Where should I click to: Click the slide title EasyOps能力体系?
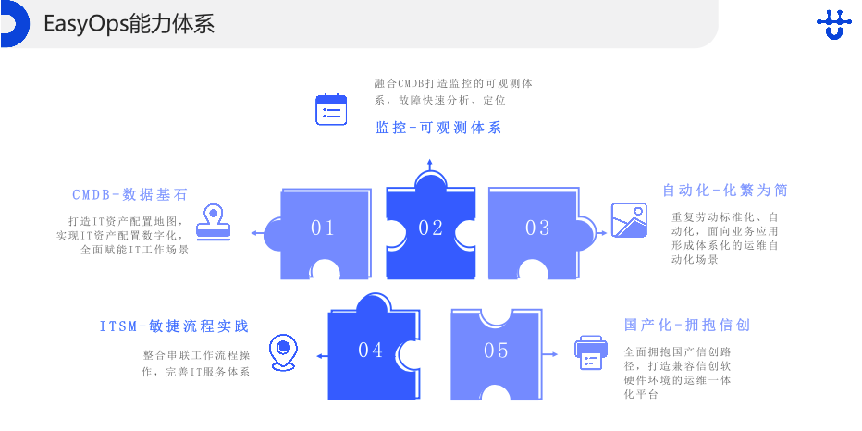pos(129,24)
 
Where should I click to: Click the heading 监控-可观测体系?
pos(438,128)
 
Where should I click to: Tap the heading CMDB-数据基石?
pos(130,194)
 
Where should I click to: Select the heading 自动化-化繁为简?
pos(725,190)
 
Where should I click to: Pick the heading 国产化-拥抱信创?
pos(687,325)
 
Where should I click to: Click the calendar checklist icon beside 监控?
pos(331,109)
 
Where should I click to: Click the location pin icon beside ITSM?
pos(282,352)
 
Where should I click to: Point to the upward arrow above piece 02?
pos(429,166)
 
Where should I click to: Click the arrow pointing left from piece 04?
pos(320,355)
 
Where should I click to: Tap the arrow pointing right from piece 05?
pos(552,354)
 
